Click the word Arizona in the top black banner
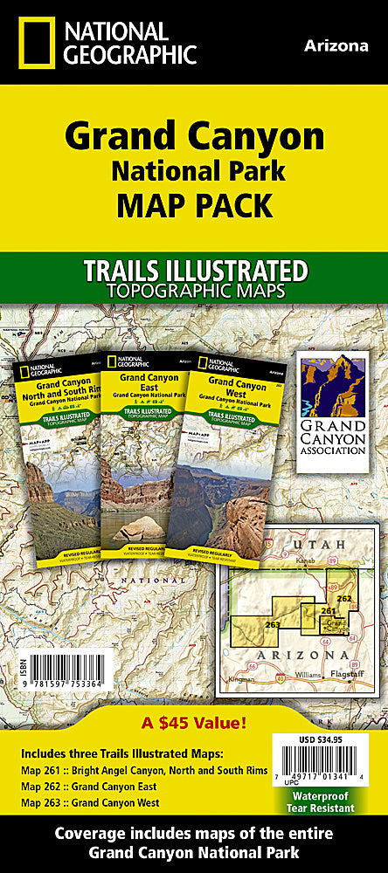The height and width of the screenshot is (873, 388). [x=336, y=46]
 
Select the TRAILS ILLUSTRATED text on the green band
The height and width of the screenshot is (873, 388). [x=193, y=270]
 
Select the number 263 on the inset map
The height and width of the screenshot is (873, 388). [x=273, y=624]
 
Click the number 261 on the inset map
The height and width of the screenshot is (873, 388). [x=328, y=611]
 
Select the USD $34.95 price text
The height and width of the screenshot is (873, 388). [x=319, y=741]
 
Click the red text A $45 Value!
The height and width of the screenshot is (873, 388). [x=194, y=724]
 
